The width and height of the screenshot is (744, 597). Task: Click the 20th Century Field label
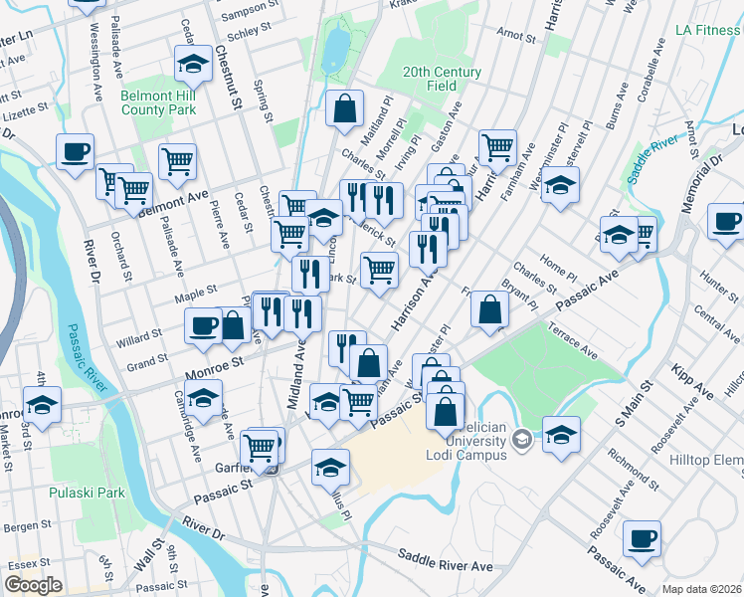tap(442, 80)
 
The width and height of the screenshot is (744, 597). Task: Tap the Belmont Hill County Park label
tap(159, 103)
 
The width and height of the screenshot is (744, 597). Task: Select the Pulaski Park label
tap(98, 492)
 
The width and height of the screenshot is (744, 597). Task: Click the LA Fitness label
tap(707, 30)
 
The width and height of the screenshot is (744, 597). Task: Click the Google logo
tap(33, 585)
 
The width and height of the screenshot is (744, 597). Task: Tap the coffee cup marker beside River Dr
tap(75, 152)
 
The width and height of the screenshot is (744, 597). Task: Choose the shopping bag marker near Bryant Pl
tap(489, 308)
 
